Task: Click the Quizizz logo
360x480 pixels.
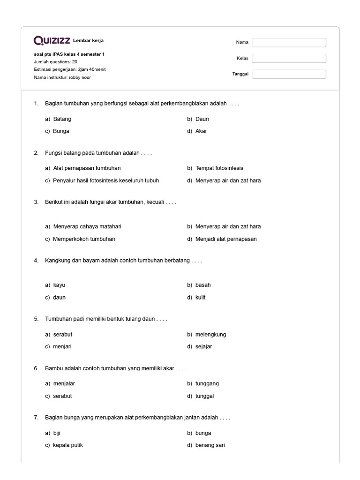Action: [x=52, y=41]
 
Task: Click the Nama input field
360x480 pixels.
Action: [x=289, y=43]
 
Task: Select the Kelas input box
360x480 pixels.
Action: [x=289, y=59]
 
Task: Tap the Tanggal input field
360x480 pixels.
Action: [x=289, y=74]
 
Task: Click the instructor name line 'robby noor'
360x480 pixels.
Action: [x=62, y=77]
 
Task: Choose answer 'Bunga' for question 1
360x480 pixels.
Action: [x=61, y=131]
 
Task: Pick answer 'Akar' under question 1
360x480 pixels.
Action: [x=201, y=131]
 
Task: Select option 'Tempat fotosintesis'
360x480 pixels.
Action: [x=219, y=168]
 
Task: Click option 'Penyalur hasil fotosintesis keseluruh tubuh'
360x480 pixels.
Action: [x=106, y=180]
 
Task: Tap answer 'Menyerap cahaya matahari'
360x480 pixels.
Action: [x=87, y=226]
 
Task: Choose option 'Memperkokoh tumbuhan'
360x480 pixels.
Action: [x=84, y=239]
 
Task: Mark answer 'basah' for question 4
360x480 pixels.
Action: [x=203, y=285]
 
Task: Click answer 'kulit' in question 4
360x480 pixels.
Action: [x=200, y=298]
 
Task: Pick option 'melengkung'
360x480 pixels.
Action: [x=210, y=335]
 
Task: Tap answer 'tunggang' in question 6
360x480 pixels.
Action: [x=207, y=383]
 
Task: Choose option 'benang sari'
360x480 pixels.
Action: [x=210, y=445]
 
